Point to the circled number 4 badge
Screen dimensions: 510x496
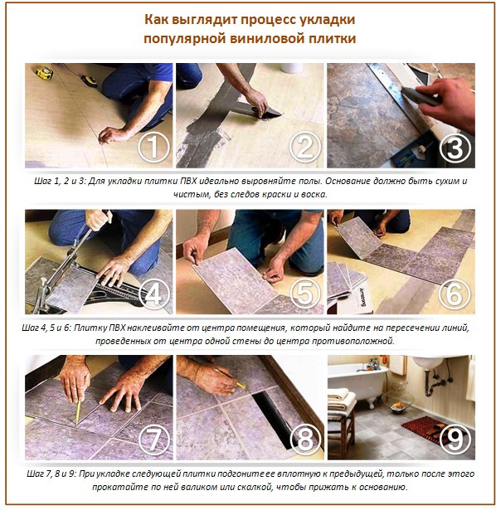(153, 293)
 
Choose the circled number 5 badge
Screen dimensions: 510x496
(304, 293)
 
